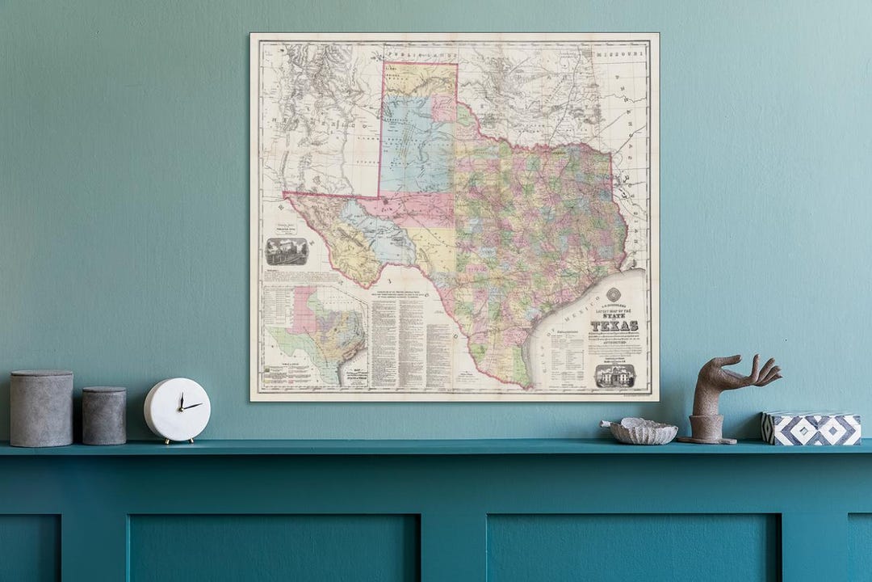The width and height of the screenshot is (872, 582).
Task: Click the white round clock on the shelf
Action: coord(177,410)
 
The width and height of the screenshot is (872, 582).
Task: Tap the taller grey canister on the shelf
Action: coord(40,409)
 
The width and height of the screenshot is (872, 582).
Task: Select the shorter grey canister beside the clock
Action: coord(104,415)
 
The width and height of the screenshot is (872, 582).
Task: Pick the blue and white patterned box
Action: coord(811,428)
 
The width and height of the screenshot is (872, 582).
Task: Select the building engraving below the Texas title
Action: coord(614,375)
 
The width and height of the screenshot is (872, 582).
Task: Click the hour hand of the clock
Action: coord(182,403)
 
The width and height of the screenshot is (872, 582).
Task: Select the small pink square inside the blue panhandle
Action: coord(443,108)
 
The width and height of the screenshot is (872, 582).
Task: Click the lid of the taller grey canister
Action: coord(40,375)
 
